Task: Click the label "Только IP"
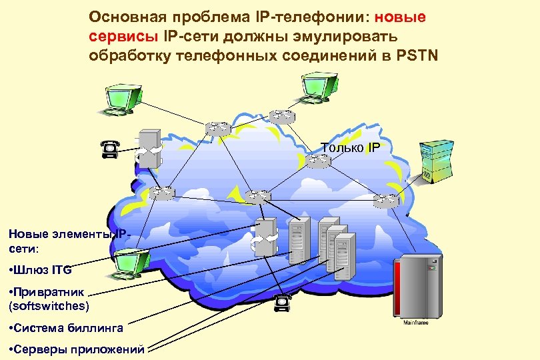tap(351, 147)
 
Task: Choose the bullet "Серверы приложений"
tap(77, 349)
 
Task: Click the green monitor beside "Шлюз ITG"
tap(131, 262)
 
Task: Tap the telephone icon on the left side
tap(111, 150)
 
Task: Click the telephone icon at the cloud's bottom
tap(283, 304)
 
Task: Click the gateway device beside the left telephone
tap(148, 148)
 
